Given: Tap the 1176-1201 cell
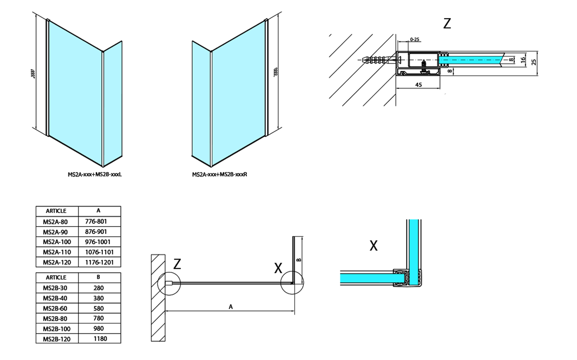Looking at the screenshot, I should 99,262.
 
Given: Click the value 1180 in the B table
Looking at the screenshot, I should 99,339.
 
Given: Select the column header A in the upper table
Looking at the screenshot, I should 99,211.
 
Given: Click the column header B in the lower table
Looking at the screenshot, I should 99,277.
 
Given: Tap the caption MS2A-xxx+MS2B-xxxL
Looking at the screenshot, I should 95,175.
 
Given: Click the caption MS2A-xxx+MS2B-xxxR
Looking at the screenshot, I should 220,175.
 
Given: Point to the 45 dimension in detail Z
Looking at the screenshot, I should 419,85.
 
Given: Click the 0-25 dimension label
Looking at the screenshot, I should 415,40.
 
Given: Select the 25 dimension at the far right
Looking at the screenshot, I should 534,62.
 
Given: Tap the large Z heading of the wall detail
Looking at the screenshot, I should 447,23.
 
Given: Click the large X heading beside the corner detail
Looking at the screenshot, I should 374,245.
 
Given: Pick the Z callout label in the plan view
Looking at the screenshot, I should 177,264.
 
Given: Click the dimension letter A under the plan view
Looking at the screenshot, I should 231,307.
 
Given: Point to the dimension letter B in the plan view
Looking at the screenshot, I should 299,260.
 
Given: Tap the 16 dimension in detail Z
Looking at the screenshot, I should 523,60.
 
